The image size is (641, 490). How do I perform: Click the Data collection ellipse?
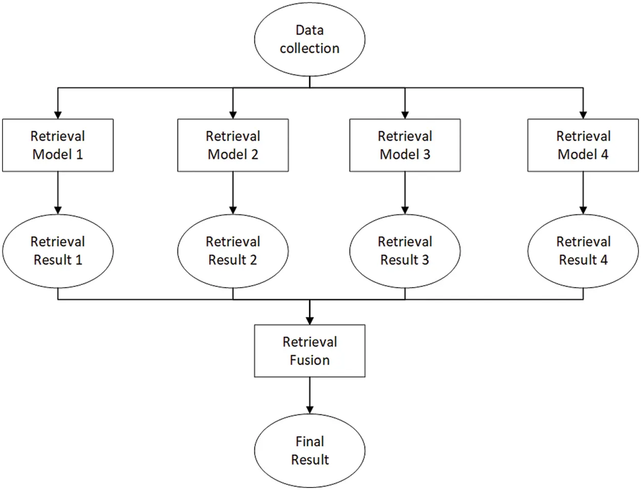pyautogui.click(x=310, y=39)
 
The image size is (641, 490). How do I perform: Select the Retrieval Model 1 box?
pyautogui.click(x=58, y=145)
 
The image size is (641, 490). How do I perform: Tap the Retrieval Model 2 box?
pyautogui.click(x=233, y=145)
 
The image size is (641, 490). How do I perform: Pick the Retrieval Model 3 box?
pyautogui.click(x=405, y=145)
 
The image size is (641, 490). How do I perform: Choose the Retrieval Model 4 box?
pyautogui.click(x=583, y=145)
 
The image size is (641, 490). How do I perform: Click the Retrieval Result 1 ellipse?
pyautogui.click(x=58, y=251)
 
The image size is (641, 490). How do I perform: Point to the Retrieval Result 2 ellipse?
pyautogui.click(x=233, y=251)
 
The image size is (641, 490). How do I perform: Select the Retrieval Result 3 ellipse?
pyautogui.click(x=405, y=251)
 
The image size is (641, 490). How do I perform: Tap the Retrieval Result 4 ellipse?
pyautogui.click(x=583, y=251)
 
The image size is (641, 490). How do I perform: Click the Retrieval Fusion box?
pyautogui.click(x=310, y=351)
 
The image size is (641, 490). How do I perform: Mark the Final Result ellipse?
pyautogui.click(x=310, y=451)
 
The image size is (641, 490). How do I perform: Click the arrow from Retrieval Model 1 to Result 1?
pyautogui.click(x=58, y=192)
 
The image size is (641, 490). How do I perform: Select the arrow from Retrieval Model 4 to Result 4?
pyautogui.click(x=583, y=192)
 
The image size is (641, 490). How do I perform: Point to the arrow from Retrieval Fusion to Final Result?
pyautogui.click(x=310, y=395)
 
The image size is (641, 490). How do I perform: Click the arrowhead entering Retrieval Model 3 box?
pyautogui.click(x=405, y=114)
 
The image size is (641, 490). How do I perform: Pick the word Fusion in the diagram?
pyautogui.click(x=310, y=360)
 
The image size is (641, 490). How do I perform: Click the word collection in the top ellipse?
pyautogui.click(x=310, y=49)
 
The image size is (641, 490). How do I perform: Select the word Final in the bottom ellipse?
pyautogui.click(x=310, y=441)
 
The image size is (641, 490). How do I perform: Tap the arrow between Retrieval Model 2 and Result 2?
pyautogui.click(x=233, y=192)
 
